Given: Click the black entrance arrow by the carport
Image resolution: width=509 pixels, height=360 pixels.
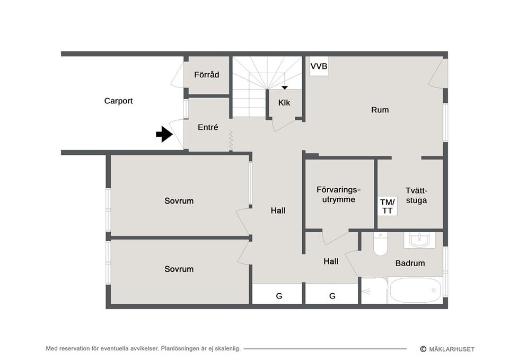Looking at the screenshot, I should click(x=164, y=135).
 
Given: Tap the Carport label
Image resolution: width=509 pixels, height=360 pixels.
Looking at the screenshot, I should click(x=118, y=101).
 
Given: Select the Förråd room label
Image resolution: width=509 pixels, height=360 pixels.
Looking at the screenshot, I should click(x=206, y=75).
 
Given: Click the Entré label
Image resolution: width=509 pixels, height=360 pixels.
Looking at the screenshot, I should click(x=208, y=127).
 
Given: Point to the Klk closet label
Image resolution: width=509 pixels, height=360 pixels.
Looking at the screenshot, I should click(x=284, y=103).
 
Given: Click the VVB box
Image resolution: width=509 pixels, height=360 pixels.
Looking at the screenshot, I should click(x=319, y=67).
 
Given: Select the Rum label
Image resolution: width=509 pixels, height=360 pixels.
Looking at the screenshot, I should click(x=380, y=110).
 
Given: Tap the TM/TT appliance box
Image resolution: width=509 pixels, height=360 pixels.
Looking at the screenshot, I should click(x=388, y=207).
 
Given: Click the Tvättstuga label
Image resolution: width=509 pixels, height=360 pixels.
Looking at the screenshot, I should click(x=416, y=196).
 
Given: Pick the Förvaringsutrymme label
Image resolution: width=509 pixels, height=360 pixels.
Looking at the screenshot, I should click(x=338, y=195).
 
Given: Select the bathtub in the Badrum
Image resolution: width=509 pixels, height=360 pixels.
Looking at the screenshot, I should click(x=415, y=290).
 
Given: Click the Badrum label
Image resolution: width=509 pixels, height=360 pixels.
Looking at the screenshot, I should click(x=410, y=263).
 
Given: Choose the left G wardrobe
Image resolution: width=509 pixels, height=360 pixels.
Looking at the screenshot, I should click(x=279, y=296).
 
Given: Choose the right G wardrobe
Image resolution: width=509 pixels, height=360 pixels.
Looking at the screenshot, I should click(x=332, y=296).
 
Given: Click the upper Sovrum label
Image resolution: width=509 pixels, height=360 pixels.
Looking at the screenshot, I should click(x=179, y=201).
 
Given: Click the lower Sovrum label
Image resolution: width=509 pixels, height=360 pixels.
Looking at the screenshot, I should click(x=179, y=269).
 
